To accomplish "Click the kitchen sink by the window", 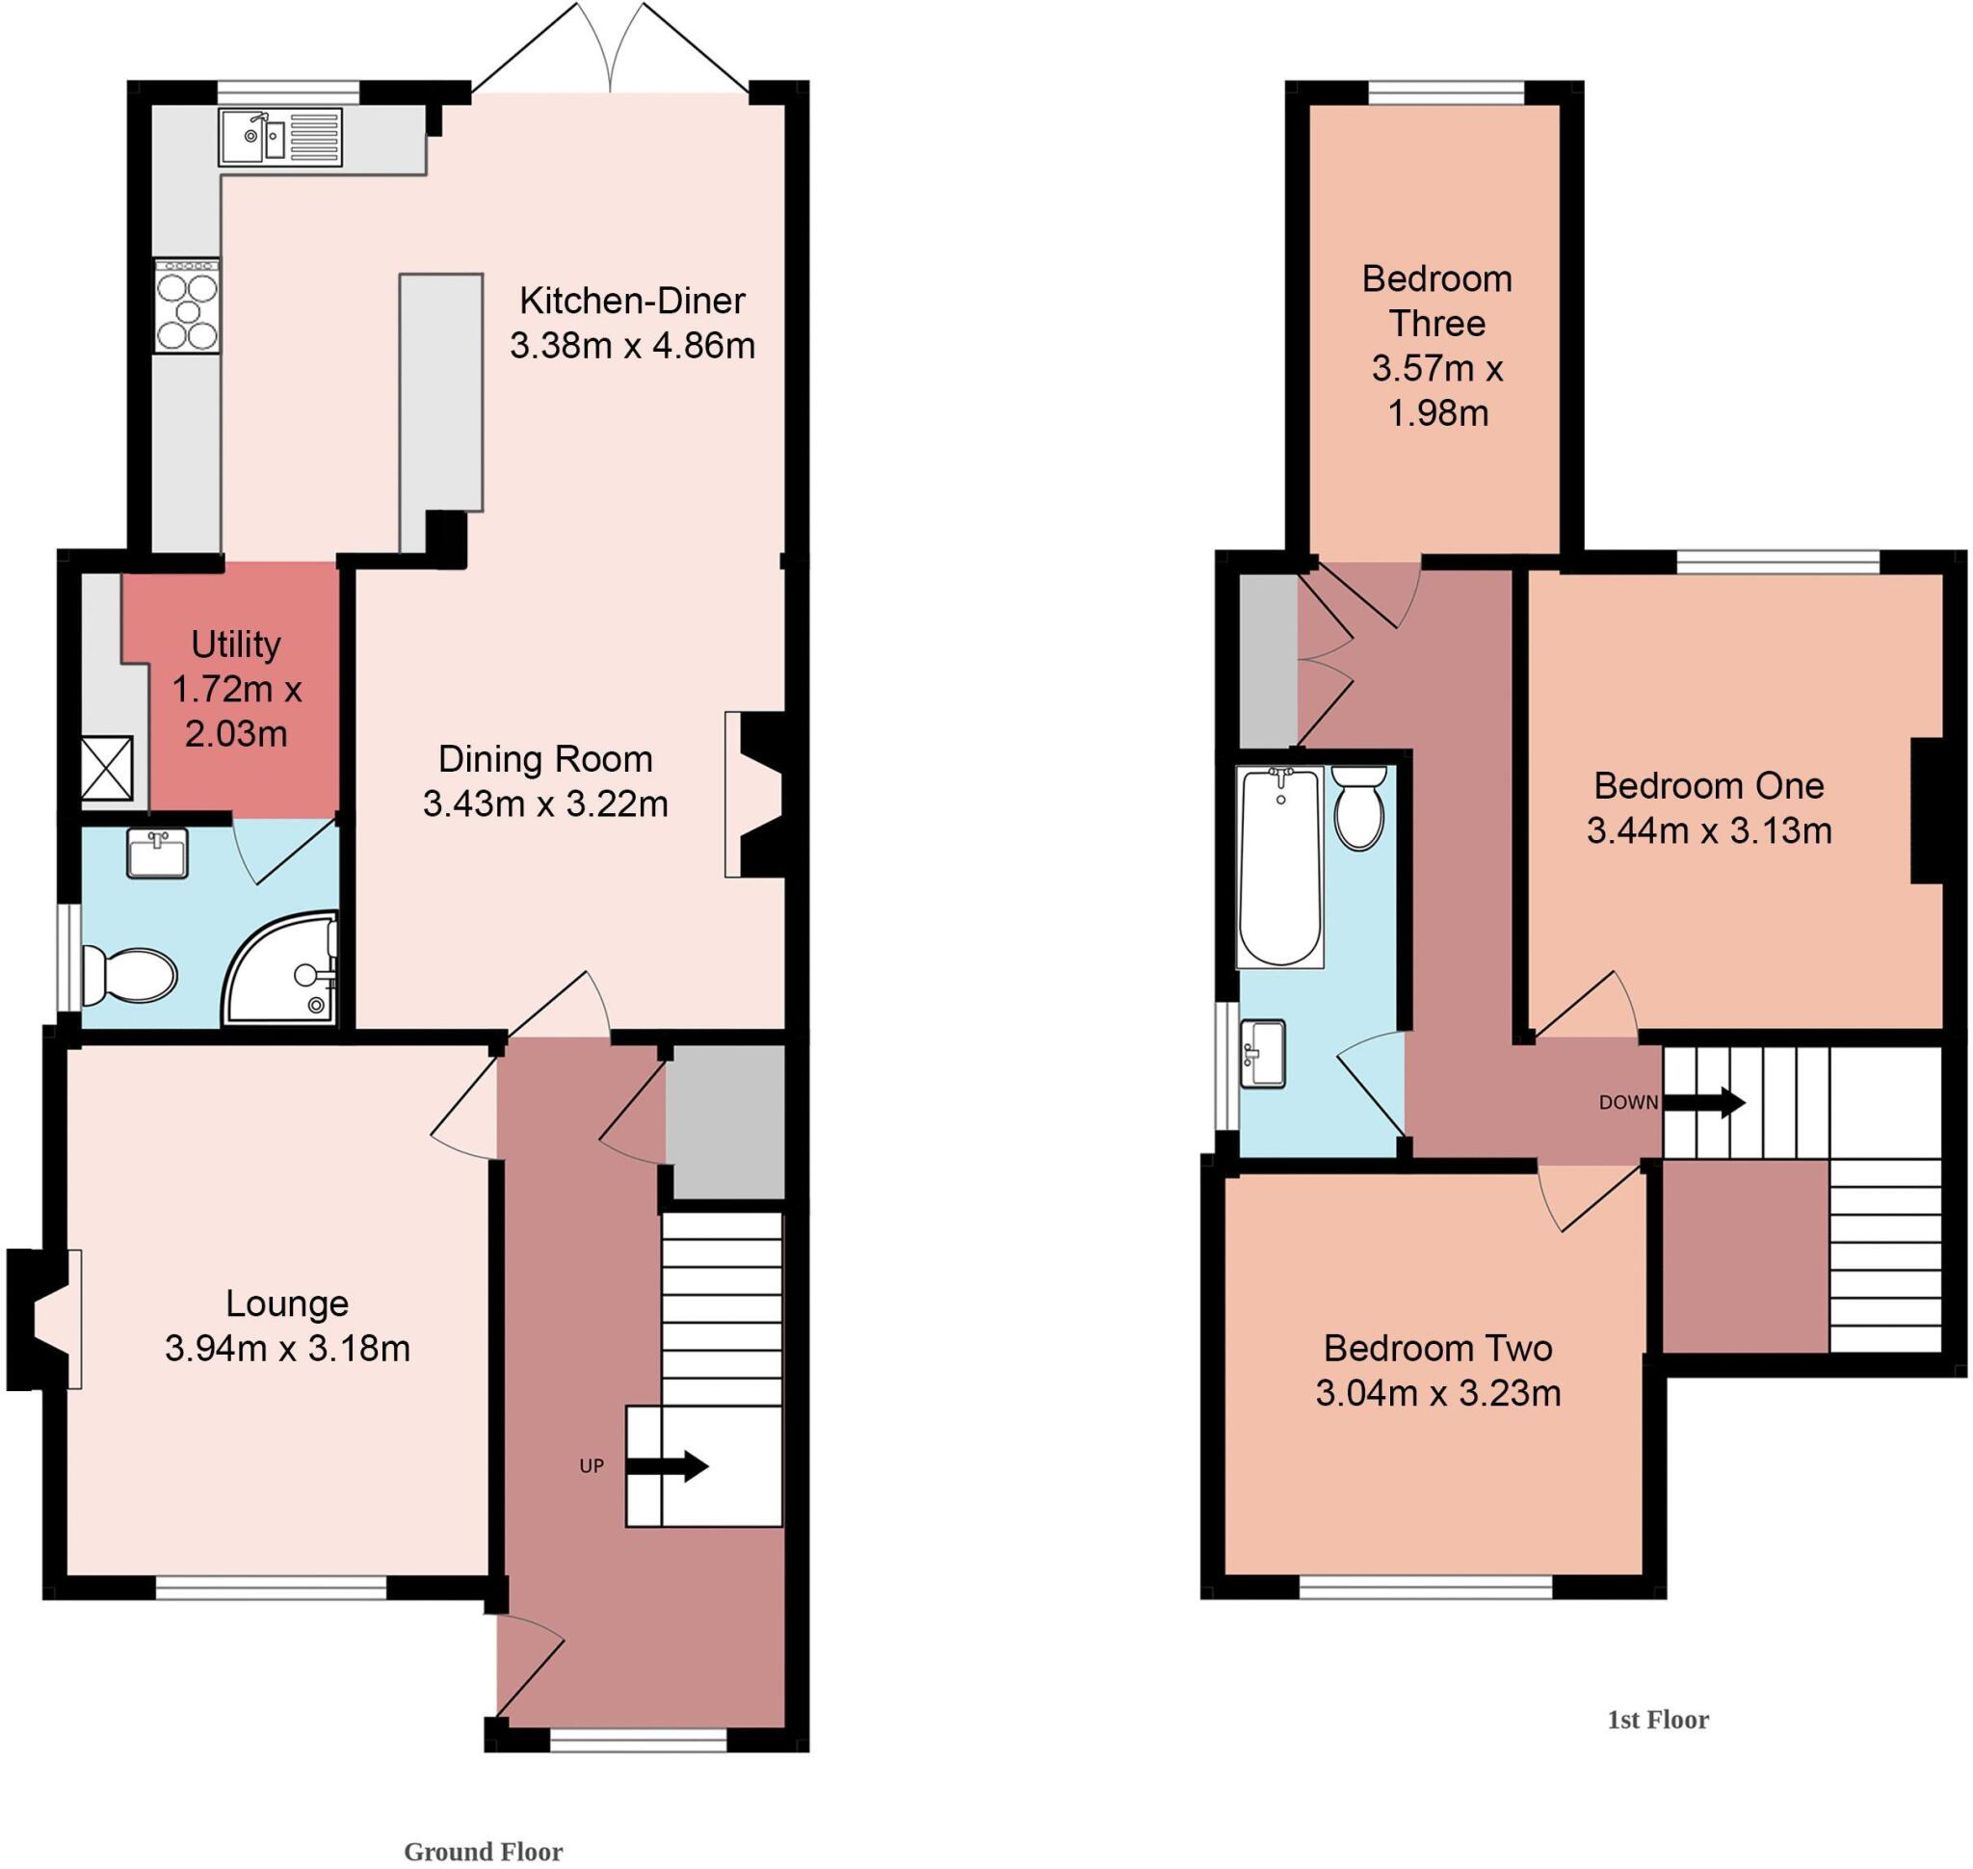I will (x=280, y=138).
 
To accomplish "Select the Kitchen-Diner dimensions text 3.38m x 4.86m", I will (x=632, y=346).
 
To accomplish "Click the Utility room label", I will (x=235, y=645).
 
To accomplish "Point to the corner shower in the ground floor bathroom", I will (x=284, y=970).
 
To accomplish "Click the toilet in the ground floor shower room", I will (x=130, y=975).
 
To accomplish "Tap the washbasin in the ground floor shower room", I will (x=156, y=855).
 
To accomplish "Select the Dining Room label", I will (x=545, y=759).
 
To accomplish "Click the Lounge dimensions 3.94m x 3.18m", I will (x=287, y=1348).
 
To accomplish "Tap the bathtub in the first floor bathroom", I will (x=1279, y=867).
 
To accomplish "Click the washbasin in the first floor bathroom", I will (x=1263, y=1053).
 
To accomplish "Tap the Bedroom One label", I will (x=1708, y=786).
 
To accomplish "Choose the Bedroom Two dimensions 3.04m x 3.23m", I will (x=1437, y=1393).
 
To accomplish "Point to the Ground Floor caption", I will (x=483, y=1851).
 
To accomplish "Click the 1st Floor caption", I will (x=1657, y=1720).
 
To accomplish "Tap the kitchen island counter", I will (x=440, y=393).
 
